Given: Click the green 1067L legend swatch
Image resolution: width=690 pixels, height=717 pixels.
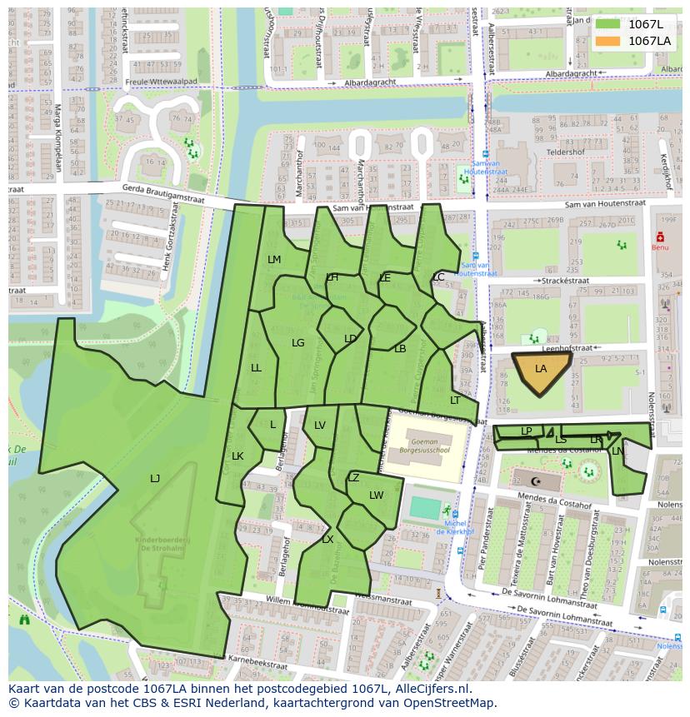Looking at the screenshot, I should [x=607, y=24].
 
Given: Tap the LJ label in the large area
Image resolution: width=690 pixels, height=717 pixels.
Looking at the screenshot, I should [x=155, y=478].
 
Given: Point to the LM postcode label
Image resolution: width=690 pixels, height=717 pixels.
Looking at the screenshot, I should [x=274, y=260].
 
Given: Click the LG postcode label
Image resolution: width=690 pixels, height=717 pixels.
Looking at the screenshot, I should [x=297, y=342].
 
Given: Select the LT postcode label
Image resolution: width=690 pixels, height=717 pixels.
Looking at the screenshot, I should [x=455, y=401].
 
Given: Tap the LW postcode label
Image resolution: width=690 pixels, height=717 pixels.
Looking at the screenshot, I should [x=376, y=495].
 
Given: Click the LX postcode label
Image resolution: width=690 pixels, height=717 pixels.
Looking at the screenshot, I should [x=327, y=540].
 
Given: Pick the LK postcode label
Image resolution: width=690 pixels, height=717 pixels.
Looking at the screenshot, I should [x=237, y=456].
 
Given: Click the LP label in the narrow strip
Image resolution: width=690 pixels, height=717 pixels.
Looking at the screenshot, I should [x=526, y=431].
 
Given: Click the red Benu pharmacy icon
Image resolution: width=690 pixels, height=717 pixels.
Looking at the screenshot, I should [x=660, y=237].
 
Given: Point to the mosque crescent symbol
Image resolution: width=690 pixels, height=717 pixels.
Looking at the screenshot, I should [x=536, y=481].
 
